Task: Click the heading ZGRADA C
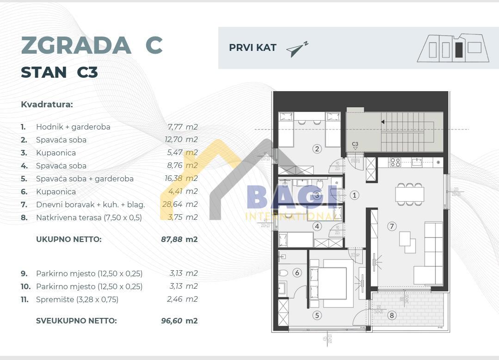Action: pyautogui.click(x=92, y=45)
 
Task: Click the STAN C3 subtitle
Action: pyautogui.click(x=59, y=73)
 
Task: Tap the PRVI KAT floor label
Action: pyautogui.click(x=253, y=48)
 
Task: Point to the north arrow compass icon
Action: pyautogui.click(x=296, y=49)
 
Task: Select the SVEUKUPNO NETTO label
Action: pyautogui.click(x=76, y=320)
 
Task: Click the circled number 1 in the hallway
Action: pyautogui.click(x=355, y=195)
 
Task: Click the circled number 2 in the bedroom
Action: pyautogui.click(x=317, y=149)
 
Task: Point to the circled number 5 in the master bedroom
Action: pyautogui.click(x=317, y=316)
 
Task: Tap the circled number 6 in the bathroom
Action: pyautogui.click(x=297, y=273)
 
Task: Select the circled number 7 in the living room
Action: pyautogui.click(x=392, y=226)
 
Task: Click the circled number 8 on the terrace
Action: pyautogui.click(x=392, y=316)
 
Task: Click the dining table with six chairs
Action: pyautogui.click(x=409, y=193)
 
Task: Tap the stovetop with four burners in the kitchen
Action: pyautogui.click(x=395, y=162)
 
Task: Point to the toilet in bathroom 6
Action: pyautogui.click(x=283, y=273)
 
